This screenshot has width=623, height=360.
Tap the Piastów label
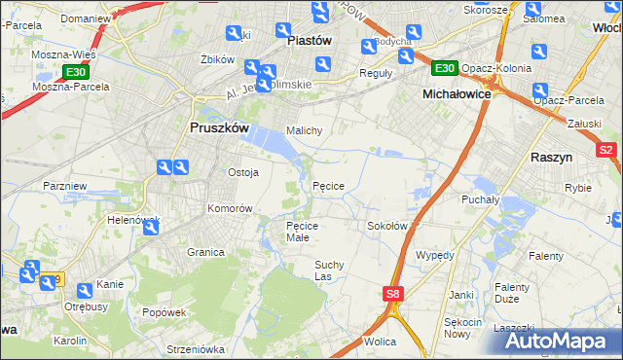tap(311, 41)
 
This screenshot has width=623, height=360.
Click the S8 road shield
tap(392, 293)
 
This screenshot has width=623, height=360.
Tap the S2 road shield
tap(605, 150)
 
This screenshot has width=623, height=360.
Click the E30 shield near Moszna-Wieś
tap(75, 72)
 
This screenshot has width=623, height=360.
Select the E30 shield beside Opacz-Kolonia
tap(444, 67)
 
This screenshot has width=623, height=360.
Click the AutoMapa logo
tap(553, 342)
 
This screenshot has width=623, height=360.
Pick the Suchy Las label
tap(329, 270)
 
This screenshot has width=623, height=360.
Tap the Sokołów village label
tap(386, 226)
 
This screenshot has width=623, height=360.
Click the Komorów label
tap(230, 209)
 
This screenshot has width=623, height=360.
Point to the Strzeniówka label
tap(195, 348)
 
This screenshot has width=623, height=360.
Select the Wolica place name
tap(379, 342)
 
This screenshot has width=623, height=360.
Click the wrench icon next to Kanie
tap(85, 290)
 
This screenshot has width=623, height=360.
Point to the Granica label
tap(206, 252)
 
